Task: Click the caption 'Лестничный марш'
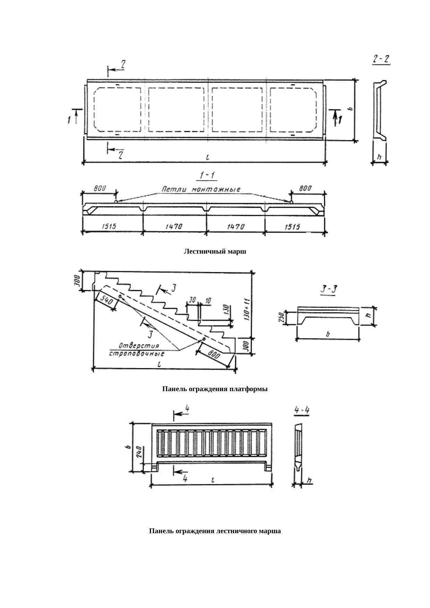click(215, 252)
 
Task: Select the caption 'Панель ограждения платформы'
click(215, 389)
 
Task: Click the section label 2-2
click(381, 60)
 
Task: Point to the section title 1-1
click(207, 175)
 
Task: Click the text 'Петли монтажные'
click(201, 189)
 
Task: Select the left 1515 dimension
click(109, 227)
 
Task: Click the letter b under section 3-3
click(328, 334)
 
